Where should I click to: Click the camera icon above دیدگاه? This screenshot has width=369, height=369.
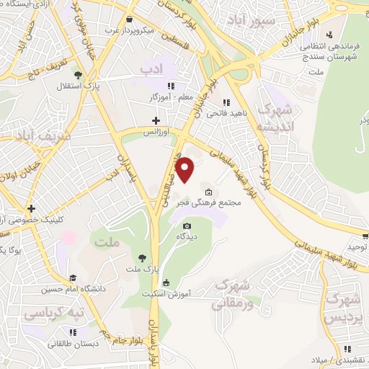[x=187, y=226]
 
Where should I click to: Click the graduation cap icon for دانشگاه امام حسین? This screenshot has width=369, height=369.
[x=72, y=278]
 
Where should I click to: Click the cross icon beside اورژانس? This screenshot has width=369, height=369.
[x=156, y=120]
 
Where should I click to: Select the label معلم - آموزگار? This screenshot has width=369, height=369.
[x=172, y=96]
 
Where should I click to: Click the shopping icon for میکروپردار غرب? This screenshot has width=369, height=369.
[x=129, y=19]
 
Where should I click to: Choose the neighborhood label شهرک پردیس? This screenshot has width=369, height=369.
[x=342, y=306]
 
